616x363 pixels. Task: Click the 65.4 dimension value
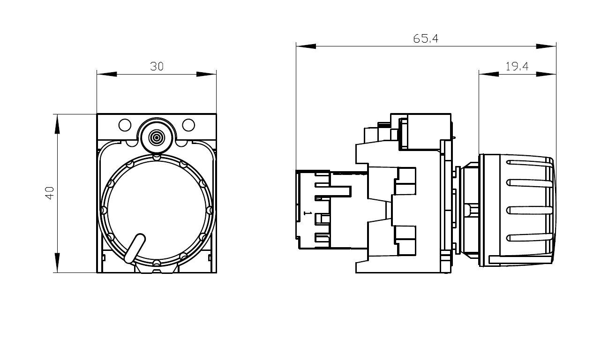pyautogui.click(x=425, y=39)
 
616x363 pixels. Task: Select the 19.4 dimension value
pyautogui.click(x=517, y=66)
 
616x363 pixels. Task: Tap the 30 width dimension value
pyautogui.click(x=157, y=66)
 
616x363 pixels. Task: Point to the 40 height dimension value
pyautogui.click(x=50, y=193)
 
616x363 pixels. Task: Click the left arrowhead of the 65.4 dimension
pyautogui.click(x=306, y=46)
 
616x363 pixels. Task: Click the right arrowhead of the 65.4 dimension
pyautogui.click(x=546, y=46)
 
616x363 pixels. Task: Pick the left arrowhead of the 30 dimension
pyautogui.click(x=107, y=74)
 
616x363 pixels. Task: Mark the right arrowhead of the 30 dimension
pyautogui.click(x=206, y=74)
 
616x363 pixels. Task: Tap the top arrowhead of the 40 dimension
pyautogui.click(x=57, y=124)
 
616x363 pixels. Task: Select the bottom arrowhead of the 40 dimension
pyautogui.click(x=57, y=263)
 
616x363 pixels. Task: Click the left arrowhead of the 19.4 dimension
pyautogui.click(x=488, y=74)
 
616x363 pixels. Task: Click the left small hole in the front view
pyautogui.click(x=125, y=125)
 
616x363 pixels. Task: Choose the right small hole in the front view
pyautogui.click(x=188, y=125)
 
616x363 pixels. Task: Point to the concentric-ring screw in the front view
pyautogui.click(x=157, y=137)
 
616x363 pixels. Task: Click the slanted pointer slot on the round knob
pyautogui.click(x=135, y=248)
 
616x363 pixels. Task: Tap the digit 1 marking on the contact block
pyautogui.click(x=308, y=213)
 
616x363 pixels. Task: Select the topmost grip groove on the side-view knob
pyautogui.click(x=530, y=163)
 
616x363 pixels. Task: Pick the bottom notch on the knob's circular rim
pyautogui.click(x=157, y=263)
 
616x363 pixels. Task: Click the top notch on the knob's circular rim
pyautogui.click(x=157, y=157)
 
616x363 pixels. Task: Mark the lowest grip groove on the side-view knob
pyautogui.click(x=530, y=237)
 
